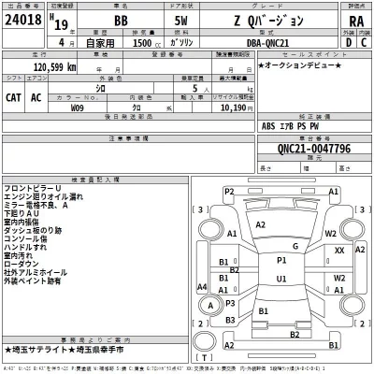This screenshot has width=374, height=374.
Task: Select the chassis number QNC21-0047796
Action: click(x=295, y=148)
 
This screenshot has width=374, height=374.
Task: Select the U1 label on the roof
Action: click(x=281, y=278)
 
